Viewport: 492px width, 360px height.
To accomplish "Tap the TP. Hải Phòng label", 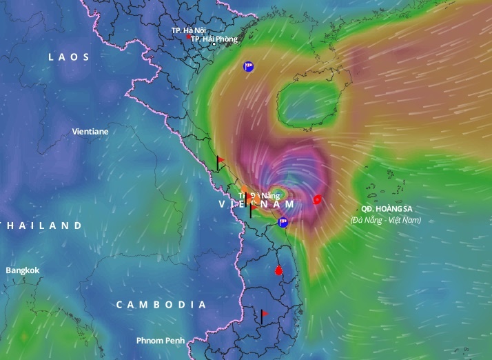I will point(214,39).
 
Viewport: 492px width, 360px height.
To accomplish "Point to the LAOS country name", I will point(69,57).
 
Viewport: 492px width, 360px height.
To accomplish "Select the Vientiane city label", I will point(90,130).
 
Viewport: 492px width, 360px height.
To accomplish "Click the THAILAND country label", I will point(41,226).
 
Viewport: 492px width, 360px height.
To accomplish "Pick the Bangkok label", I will point(23,270).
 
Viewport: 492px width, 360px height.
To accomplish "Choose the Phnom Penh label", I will point(159,341).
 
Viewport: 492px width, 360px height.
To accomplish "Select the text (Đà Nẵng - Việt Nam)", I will point(385,220).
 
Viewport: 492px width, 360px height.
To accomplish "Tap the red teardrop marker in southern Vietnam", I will point(278,270).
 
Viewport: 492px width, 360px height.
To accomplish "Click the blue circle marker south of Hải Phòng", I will point(248,67).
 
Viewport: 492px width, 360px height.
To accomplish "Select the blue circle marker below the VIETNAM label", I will point(283,221).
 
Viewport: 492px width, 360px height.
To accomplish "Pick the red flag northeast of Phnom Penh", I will point(265,314).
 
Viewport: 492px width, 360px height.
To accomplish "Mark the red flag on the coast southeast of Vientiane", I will point(221,161).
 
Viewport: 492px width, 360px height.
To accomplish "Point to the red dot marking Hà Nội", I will point(190,37).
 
